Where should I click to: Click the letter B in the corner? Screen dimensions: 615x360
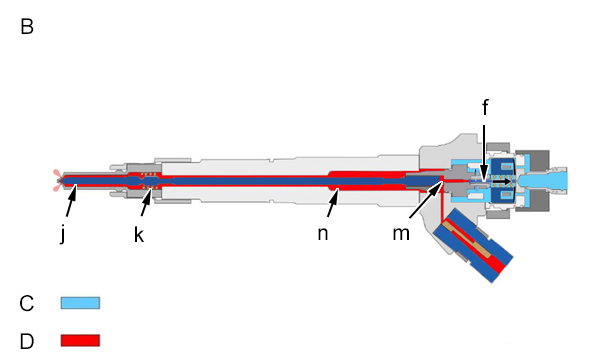[27, 27]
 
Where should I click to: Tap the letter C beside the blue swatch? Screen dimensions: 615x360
[27, 304]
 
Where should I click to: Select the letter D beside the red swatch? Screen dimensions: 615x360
[27, 341]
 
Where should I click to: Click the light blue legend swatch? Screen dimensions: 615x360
[80, 303]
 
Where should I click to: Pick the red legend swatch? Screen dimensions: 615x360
[80, 340]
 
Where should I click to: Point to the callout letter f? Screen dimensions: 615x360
[485, 107]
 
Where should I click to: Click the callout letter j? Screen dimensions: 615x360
[63, 235]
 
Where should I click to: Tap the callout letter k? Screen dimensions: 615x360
[139, 235]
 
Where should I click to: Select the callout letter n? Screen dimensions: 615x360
[323, 234]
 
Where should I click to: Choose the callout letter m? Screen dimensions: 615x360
[401, 234]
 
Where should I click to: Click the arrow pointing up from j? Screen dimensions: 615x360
[71, 201]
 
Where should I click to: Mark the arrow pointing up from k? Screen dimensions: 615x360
[146, 202]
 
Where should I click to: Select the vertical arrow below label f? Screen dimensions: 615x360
[484, 154]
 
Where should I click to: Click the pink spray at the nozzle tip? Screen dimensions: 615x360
[57, 180]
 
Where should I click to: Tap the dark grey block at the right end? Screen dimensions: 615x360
[532, 181]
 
